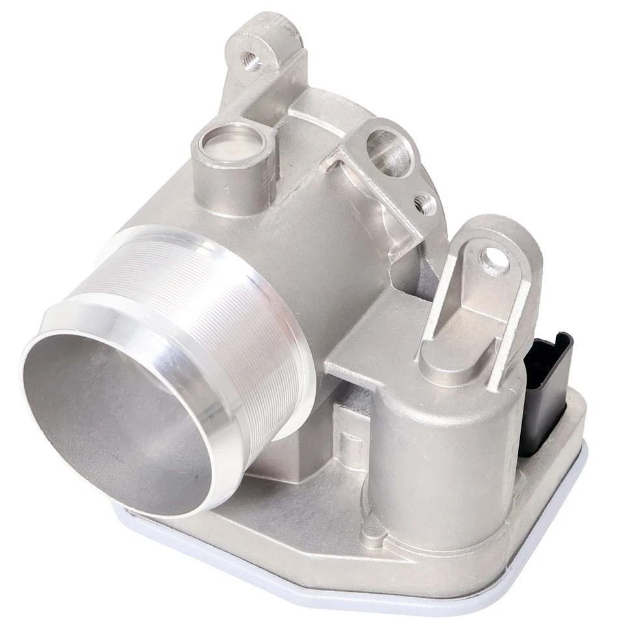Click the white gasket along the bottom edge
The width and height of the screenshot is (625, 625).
391,596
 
